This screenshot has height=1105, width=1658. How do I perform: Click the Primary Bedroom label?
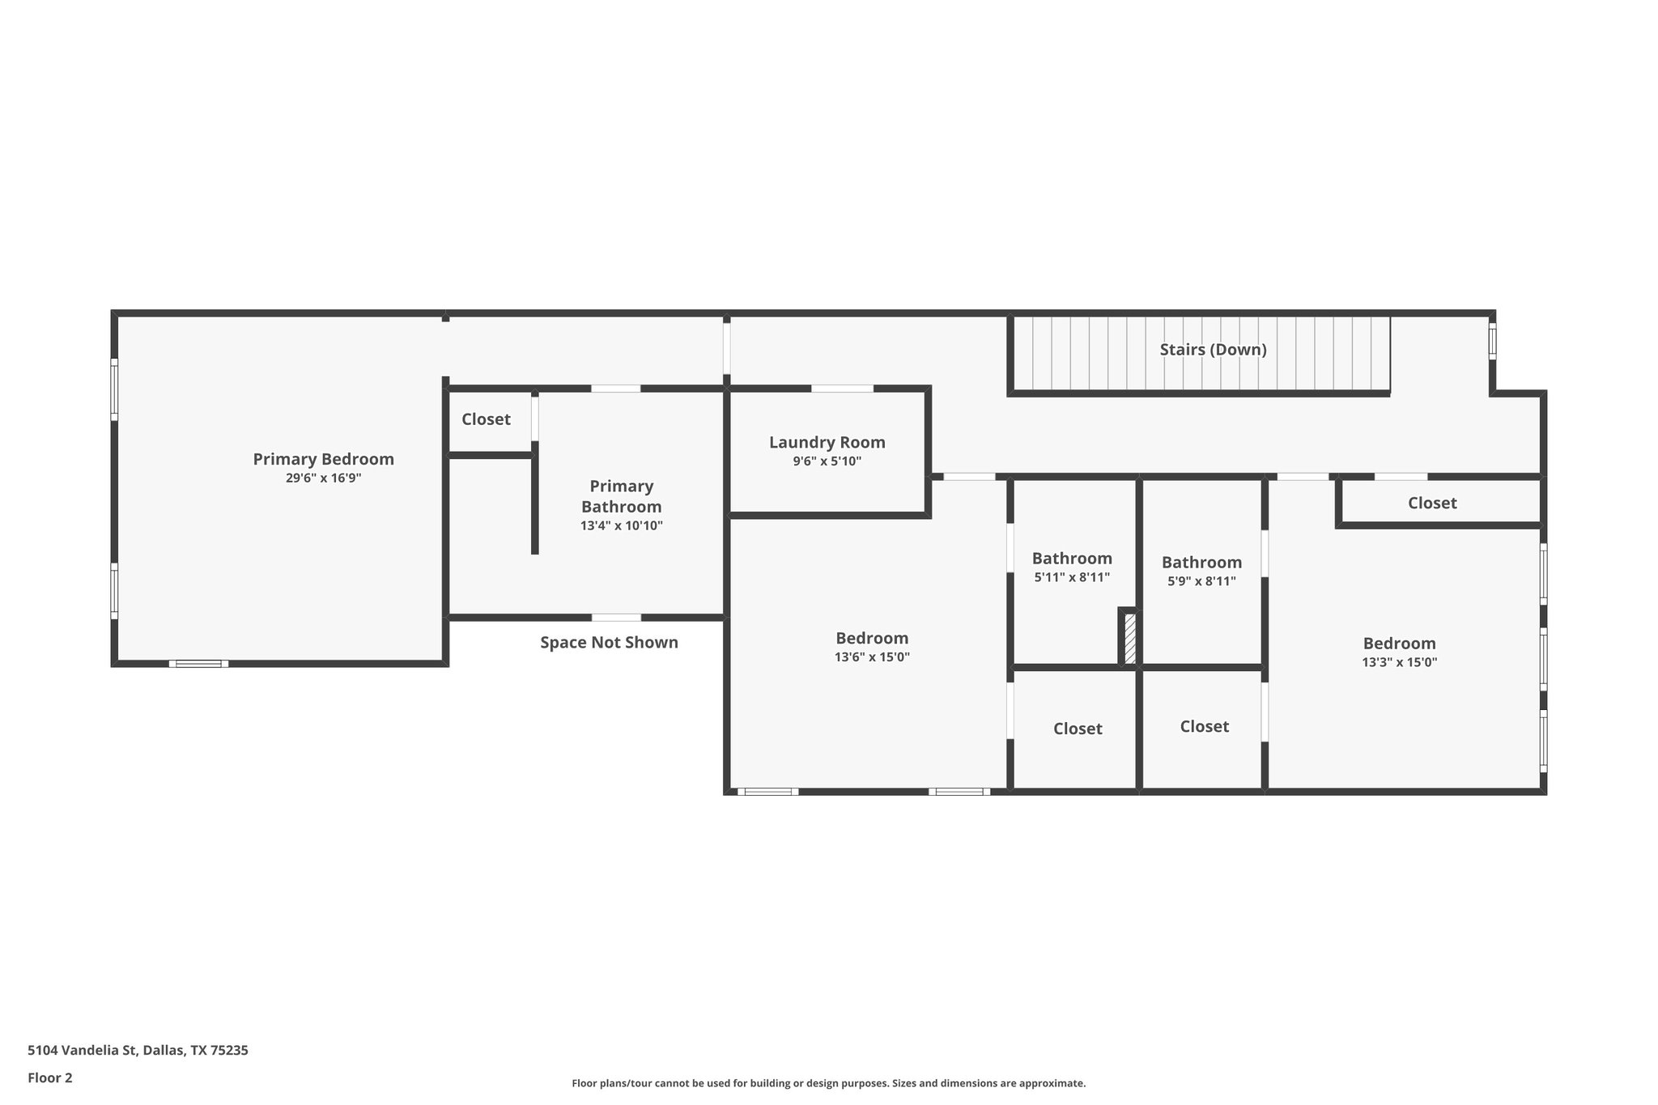click(323, 459)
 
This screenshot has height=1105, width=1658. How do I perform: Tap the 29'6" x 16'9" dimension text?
click(323, 478)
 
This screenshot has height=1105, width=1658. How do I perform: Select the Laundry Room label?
click(827, 442)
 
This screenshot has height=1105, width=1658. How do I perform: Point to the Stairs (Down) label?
click(1213, 350)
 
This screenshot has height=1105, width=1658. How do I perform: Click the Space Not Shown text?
click(609, 643)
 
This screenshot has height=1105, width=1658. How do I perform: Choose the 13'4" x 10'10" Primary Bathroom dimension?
click(621, 526)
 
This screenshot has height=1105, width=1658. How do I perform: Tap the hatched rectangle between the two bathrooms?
click(1129, 639)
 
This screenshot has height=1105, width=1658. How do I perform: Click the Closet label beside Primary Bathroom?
click(486, 419)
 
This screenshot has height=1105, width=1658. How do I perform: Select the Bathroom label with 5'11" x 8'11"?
click(1072, 559)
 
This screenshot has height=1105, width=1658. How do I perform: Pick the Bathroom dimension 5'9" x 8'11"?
click(1201, 581)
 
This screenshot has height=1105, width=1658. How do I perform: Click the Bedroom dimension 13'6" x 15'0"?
click(872, 657)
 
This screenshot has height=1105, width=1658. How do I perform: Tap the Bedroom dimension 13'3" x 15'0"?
click(1399, 662)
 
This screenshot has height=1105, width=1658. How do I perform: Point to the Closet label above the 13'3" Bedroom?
click(1431, 503)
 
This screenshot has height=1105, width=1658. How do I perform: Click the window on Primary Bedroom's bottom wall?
click(198, 664)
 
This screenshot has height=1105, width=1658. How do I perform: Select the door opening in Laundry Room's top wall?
click(842, 389)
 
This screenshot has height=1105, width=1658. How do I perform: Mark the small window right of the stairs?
click(1492, 341)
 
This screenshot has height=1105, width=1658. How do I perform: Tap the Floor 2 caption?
click(50, 1077)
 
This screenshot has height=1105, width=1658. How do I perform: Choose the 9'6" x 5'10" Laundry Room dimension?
click(827, 461)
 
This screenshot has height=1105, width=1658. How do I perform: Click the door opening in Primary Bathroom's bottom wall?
click(616, 618)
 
